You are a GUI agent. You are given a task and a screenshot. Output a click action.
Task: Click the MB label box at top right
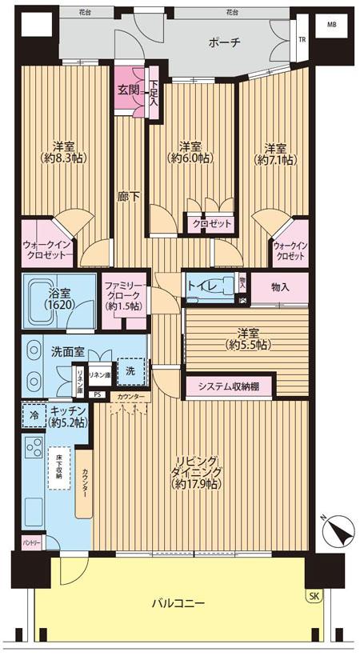tap(331, 25)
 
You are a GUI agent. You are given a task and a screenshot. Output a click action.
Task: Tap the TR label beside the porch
tap(302, 39)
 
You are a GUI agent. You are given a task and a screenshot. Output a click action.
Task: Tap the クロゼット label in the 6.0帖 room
tap(212, 225)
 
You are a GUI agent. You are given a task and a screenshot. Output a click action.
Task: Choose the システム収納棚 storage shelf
tap(230, 386)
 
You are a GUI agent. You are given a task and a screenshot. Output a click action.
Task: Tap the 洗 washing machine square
tap(131, 370)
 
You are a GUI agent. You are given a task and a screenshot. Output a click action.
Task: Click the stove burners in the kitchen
tap(34, 450)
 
